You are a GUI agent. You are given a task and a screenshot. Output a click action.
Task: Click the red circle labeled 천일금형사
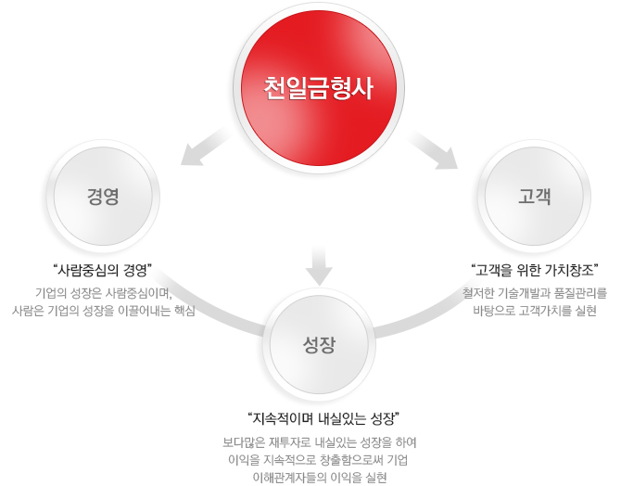pyautogui.click(x=319, y=88)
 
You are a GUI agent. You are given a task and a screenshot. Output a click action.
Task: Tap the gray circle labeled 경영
pyautogui.click(x=103, y=197)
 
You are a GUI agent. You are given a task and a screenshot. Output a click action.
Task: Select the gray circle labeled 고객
pyautogui.click(x=534, y=197)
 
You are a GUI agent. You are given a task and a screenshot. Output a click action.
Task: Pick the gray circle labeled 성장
pyautogui.click(x=319, y=344)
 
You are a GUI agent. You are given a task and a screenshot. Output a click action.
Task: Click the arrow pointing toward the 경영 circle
pyautogui.click(x=205, y=146)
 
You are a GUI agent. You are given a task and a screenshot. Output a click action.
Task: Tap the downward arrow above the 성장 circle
pyautogui.click(x=319, y=265)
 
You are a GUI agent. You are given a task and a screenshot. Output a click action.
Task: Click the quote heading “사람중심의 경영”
pyautogui.click(x=103, y=270)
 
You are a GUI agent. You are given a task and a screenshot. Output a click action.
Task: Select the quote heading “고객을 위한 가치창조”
pyautogui.click(x=535, y=270)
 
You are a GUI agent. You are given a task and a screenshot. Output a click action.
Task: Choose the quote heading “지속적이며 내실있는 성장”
pyautogui.click(x=323, y=418)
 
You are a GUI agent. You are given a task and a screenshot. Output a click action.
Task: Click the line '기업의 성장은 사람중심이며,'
pyautogui.click(x=104, y=293)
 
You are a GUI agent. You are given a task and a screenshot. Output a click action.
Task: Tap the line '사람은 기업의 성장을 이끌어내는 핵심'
pyautogui.click(x=104, y=311)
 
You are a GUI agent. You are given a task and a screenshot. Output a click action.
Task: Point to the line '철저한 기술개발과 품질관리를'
pyautogui.click(x=535, y=293)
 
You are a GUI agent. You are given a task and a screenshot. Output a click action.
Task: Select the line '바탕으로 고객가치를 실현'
pyautogui.click(x=535, y=311)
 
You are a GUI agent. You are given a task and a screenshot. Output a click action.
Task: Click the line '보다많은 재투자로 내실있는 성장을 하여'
pyautogui.click(x=319, y=442)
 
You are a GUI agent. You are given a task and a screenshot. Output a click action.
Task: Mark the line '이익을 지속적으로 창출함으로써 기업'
pyautogui.click(x=318, y=460)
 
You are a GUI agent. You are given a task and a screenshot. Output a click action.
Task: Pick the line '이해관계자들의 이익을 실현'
pyautogui.click(x=319, y=478)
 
